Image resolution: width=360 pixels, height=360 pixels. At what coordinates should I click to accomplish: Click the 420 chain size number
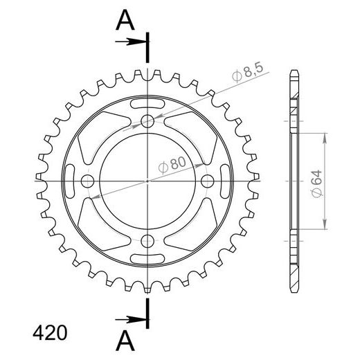(50, 333)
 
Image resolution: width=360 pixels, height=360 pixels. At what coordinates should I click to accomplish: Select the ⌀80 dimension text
(172, 165)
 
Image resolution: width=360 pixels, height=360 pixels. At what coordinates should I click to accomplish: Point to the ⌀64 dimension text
(316, 183)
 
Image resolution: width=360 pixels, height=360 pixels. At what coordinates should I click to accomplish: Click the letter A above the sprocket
(125, 20)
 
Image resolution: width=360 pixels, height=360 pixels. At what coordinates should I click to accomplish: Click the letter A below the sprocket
(125, 340)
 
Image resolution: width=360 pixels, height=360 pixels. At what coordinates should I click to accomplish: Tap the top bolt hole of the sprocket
(147, 121)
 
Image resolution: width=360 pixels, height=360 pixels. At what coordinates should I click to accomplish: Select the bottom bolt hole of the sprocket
(147, 241)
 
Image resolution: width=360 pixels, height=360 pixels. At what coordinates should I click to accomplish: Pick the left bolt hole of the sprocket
(87, 181)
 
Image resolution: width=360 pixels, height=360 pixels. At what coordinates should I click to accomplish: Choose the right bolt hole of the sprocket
(208, 181)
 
